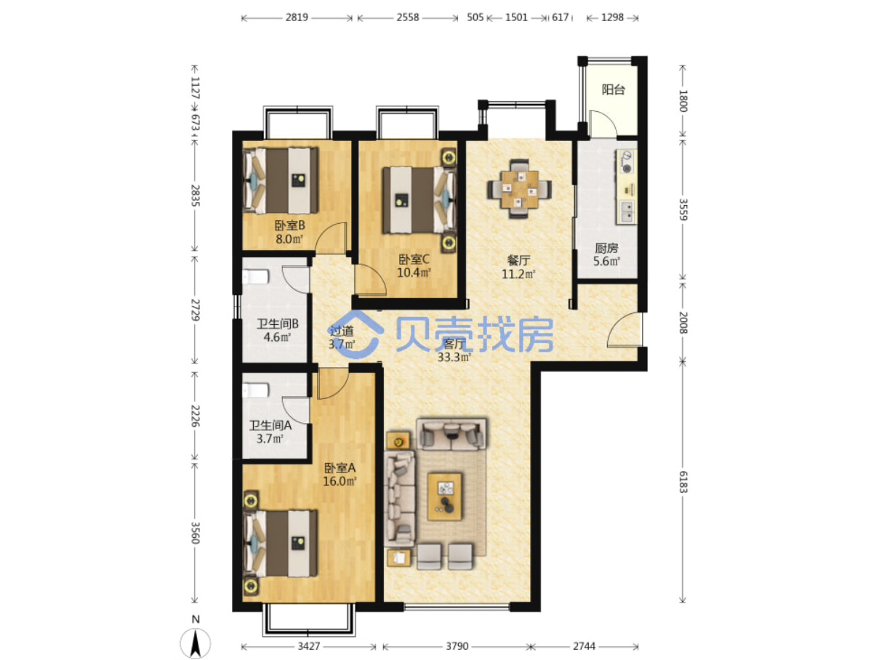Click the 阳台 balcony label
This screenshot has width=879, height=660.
613,89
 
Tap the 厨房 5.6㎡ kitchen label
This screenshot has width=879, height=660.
606,254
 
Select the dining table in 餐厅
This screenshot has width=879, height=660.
519,189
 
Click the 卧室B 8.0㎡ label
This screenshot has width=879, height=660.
289,232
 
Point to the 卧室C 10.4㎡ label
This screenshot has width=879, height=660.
414,266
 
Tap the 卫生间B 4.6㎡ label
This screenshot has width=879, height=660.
277,330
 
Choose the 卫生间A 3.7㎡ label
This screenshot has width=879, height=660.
270,432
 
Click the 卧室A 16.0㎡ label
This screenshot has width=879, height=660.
340,474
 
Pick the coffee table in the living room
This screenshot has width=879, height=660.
444,496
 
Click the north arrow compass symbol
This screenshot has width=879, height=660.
195,643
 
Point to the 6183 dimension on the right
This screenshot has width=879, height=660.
683,482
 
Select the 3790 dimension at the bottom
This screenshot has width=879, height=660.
457,646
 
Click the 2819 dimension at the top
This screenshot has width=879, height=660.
297,17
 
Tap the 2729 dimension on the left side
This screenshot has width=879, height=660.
195,310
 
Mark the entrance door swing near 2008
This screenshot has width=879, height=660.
625,329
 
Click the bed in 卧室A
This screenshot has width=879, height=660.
281,543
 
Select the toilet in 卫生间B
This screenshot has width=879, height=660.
255,277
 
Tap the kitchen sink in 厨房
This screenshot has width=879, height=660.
626,212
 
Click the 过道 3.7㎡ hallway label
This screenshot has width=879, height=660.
342,337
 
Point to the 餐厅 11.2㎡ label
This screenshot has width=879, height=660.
518,267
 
